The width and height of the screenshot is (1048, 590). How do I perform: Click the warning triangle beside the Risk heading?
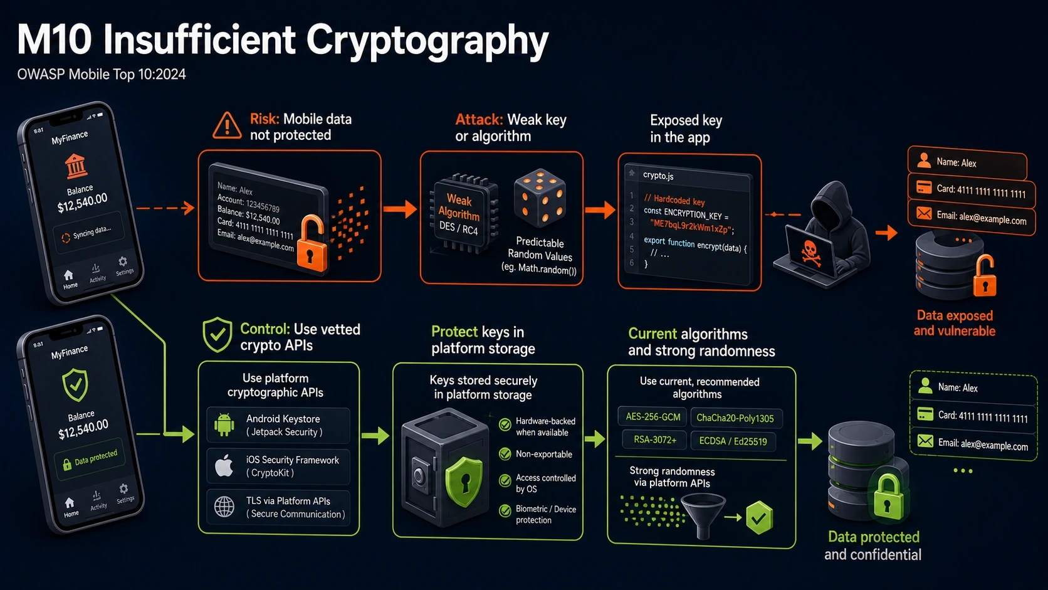(x=227, y=125)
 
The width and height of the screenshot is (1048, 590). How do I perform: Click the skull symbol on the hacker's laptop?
(x=809, y=253)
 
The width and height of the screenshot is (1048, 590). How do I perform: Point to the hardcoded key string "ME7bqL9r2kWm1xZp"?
(x=689, y=226)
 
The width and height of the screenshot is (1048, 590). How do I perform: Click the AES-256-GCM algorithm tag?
(x=652, y=417)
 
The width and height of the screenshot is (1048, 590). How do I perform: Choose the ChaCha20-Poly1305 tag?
(x=735, y=418)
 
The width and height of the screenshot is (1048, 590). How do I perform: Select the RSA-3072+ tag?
(x=654, y=440)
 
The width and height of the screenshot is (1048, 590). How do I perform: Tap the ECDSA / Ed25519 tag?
(x=733, y=441)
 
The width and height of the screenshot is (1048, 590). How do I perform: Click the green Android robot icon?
(x=224, y=425)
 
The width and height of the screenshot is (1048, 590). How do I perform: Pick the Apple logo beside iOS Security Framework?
(x=224, y=466)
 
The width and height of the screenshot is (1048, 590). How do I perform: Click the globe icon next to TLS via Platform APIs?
(x=224, y=507)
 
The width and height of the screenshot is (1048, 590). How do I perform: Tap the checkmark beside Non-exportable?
(x=505, y=454)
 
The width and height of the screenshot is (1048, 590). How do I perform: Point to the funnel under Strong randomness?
(x=703, y=515)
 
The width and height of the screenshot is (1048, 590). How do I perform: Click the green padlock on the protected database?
(x=888, y=497)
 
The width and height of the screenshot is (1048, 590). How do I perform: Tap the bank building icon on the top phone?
(x=76, y=166)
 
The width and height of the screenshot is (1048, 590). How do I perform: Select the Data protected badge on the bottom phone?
(x=90, y=458)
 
